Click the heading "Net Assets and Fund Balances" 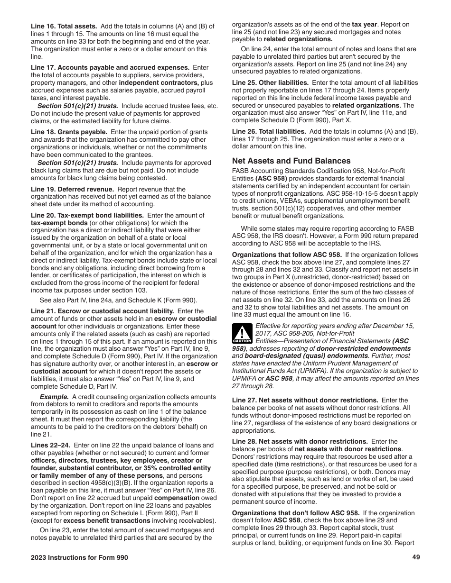pyautogui.click(x=291, y=161)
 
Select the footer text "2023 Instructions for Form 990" pyautogui.click(x=79, y=557)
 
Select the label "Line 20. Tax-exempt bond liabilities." pyautogui.click(x=87, y=215)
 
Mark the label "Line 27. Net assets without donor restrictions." pyautogui.click(x=305, y=401)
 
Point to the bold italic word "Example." pyautogui.click(x=54, y=397)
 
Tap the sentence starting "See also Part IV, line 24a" pyautogui.click(x=118, y=300)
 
